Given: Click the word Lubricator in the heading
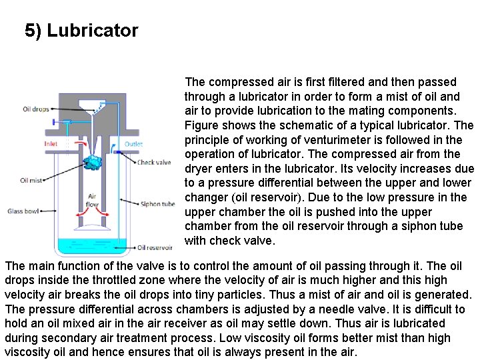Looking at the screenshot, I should pos(93,31).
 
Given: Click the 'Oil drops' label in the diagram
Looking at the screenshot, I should pos(35,109).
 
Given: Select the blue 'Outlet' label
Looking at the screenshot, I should pos(133,143).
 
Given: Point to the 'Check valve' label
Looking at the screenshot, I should pos(154,162).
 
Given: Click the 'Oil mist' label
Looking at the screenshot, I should pos(31,180).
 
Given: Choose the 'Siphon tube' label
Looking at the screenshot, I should pos(157,204).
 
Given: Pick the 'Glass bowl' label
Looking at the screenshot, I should pos(23,211).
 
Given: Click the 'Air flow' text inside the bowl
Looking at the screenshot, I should pos(93,201).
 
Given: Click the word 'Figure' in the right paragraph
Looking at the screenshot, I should pos(201,125).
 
